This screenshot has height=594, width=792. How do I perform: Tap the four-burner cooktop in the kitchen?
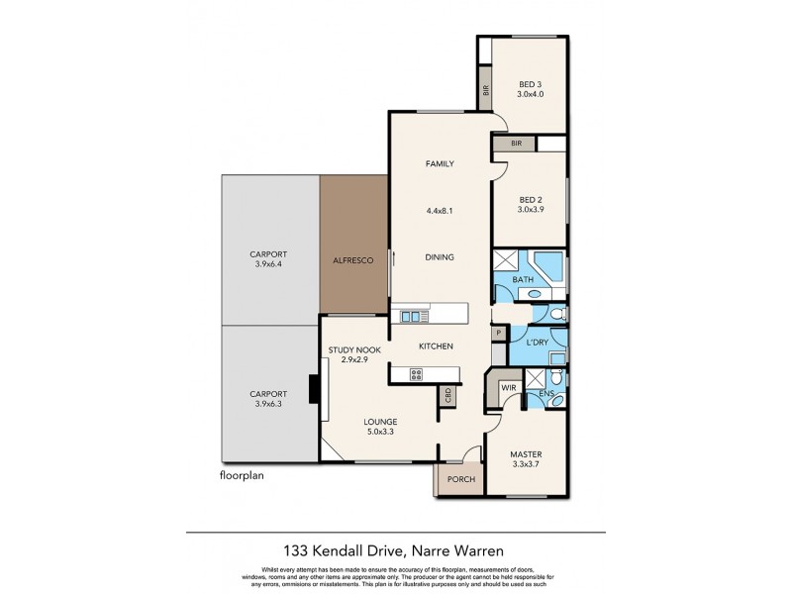[416, 374]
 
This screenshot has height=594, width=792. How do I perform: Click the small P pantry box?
[498, 334]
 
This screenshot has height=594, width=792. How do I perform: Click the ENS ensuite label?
[545, 394]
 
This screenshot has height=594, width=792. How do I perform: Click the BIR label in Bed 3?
[486, 89]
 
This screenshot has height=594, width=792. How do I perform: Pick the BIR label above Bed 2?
[516, 144]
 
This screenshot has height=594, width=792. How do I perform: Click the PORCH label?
[461, 480]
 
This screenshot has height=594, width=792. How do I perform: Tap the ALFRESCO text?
[353, 259]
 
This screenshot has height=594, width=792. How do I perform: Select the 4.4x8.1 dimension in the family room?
[439, 210]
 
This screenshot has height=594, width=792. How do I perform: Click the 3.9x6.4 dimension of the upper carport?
[268, 265]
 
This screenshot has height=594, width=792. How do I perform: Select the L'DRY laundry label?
[538, 342]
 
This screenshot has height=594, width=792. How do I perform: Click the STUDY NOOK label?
[354, 350]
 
